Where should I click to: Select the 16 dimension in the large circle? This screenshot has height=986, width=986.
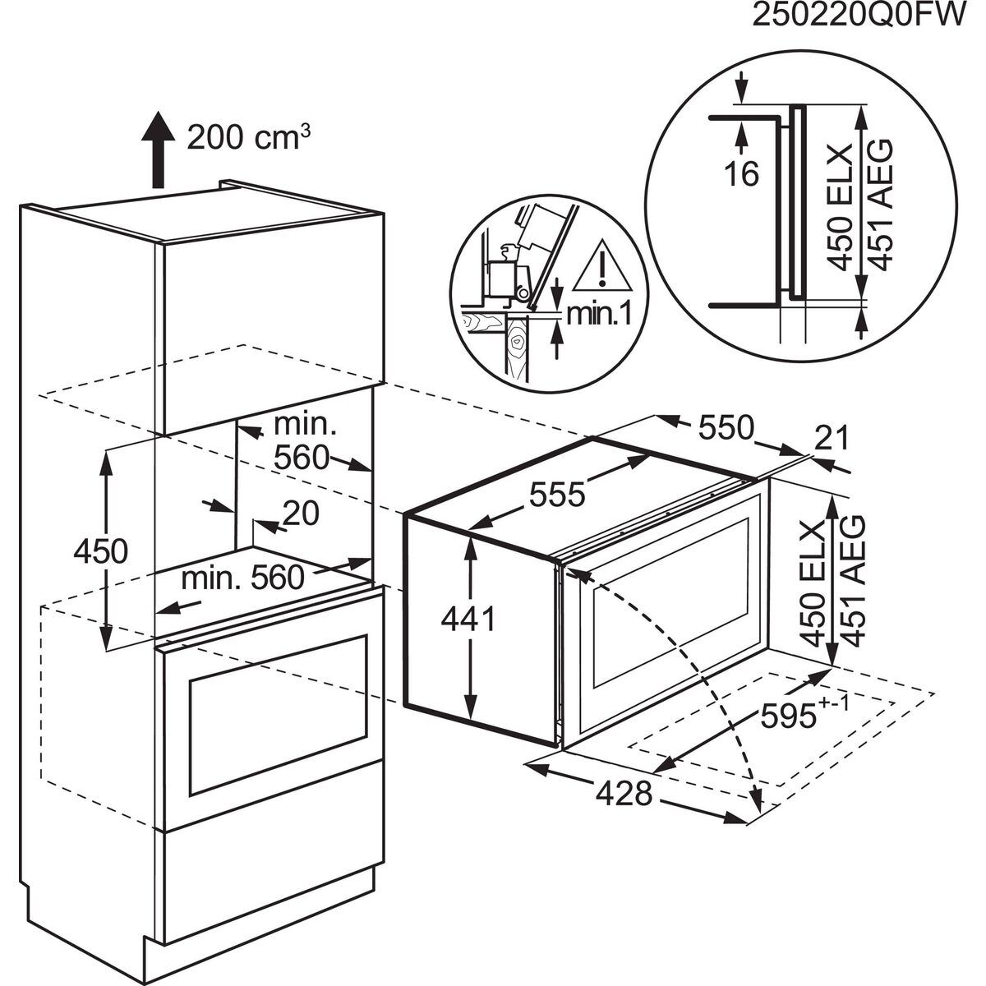(x=744, y=173)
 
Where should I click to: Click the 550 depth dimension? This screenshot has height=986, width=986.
(x=726, y=427)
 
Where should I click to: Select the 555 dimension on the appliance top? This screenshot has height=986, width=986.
(x=555, y=495)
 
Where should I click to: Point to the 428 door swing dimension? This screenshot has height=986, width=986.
(x=624, y=795)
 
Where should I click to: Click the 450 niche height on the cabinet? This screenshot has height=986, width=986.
(x=100, y=550)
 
